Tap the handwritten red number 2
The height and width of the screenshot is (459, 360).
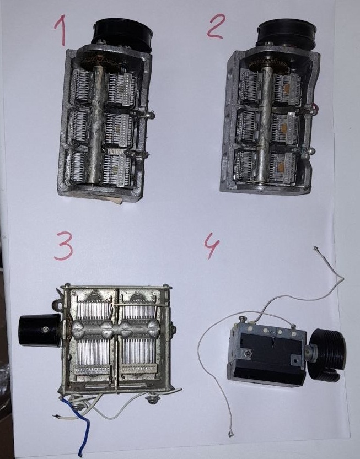tap(216, 26)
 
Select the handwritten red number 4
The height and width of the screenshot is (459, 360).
tap(212, 246)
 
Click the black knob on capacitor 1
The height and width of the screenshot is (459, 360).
tap(122, 34)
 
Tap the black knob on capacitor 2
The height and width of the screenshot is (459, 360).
tap(287, 35)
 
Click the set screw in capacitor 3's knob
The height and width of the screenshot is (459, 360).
tap(45, 330)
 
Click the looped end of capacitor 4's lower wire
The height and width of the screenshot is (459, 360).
tap(231, 434)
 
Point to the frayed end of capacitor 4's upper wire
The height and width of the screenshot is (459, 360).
tap(316, 249)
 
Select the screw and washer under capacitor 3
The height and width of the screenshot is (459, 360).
tap(153, 399)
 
